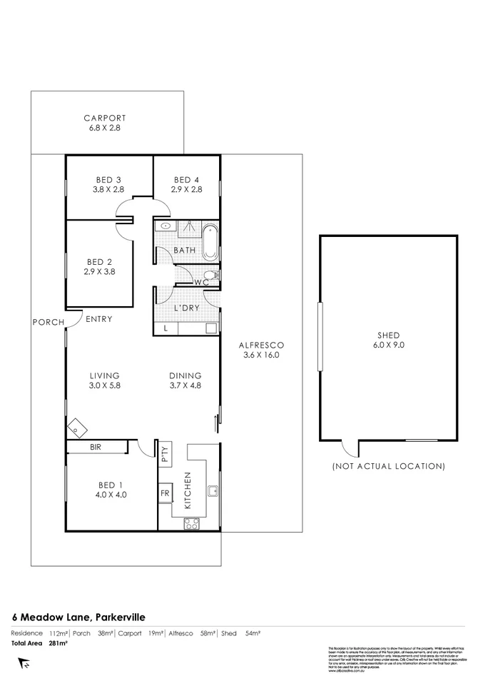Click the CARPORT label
click(104, 118)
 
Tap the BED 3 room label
click(108, 179)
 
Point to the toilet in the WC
click(210, 275)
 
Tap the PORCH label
click(49, 322)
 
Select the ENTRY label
click(98, 319)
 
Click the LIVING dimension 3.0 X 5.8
click(104, 386)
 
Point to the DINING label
click(185, 375)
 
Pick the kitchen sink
click(212, 490)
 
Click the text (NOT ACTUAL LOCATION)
click(389, 466)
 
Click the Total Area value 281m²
click(58, 643)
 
